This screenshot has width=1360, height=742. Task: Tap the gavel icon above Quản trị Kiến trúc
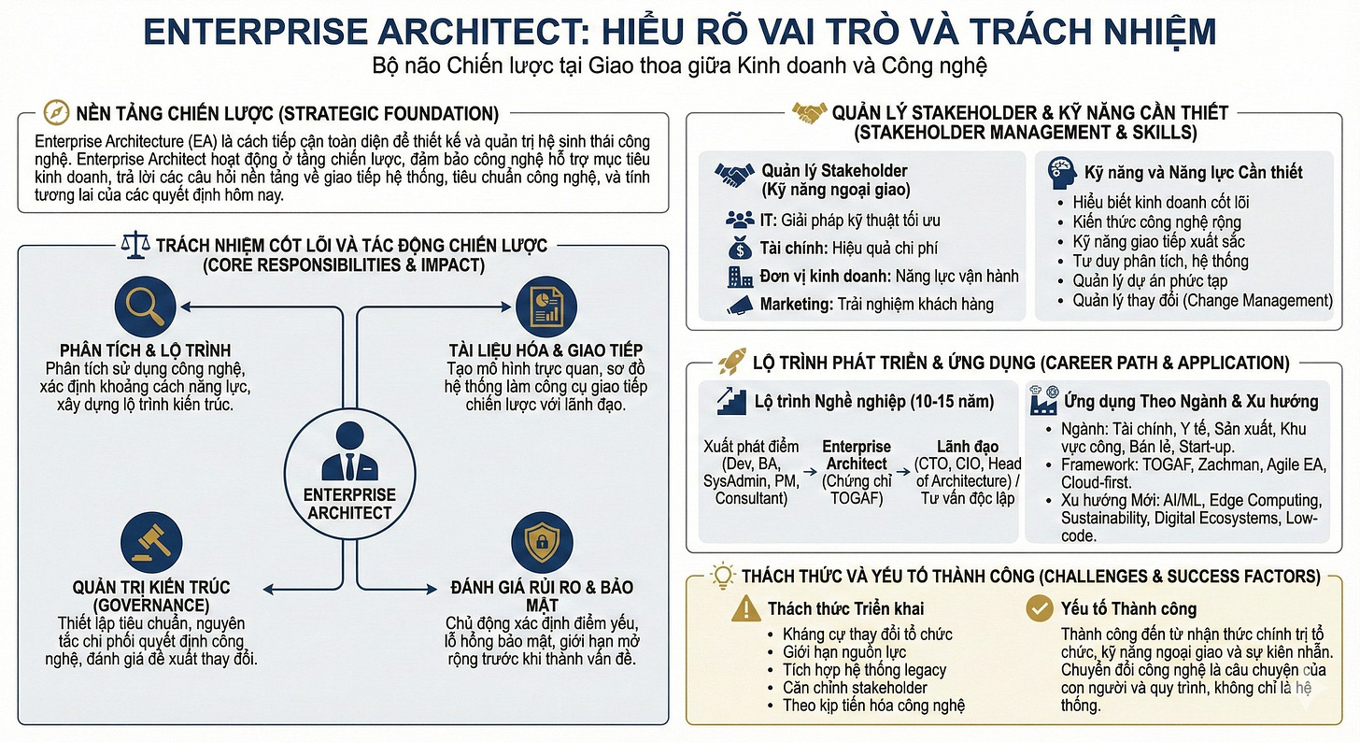point(146,539)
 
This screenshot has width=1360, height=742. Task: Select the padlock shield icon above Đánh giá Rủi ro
point(542,539)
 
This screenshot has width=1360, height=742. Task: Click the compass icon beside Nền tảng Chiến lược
point(57,114)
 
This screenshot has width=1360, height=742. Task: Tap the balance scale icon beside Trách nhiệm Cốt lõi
point(135,246)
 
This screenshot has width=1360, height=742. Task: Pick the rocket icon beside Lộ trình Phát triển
point(730,363)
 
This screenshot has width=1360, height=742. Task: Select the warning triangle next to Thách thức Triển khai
point(745,608)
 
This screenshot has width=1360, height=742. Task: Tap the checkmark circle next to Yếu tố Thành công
point(1039,608)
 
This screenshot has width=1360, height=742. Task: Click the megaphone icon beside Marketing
point(740,304)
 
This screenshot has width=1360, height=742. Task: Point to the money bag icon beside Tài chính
point(740,249)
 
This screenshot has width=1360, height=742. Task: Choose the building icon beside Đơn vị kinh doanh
point(740,277)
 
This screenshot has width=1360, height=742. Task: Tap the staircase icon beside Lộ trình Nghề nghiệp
point(732,402)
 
